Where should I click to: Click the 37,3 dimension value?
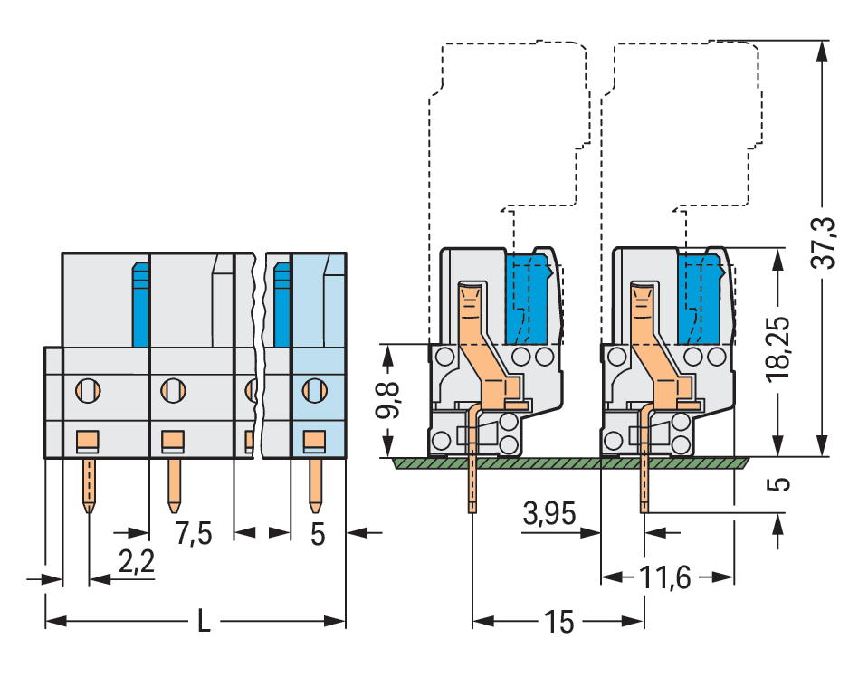point(824,243)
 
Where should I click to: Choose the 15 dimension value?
point(558,623)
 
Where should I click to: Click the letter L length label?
point(205,623)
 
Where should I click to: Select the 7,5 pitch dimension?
point(193,534)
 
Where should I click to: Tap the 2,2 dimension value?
point(137,563)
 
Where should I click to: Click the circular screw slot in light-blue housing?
point(313,391)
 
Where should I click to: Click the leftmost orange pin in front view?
point(88,484)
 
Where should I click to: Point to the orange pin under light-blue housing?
point(315,484)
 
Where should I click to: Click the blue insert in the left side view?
point(528,299)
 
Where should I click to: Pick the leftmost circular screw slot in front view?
point(88,391)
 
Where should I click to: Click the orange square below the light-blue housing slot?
point(313,441)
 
